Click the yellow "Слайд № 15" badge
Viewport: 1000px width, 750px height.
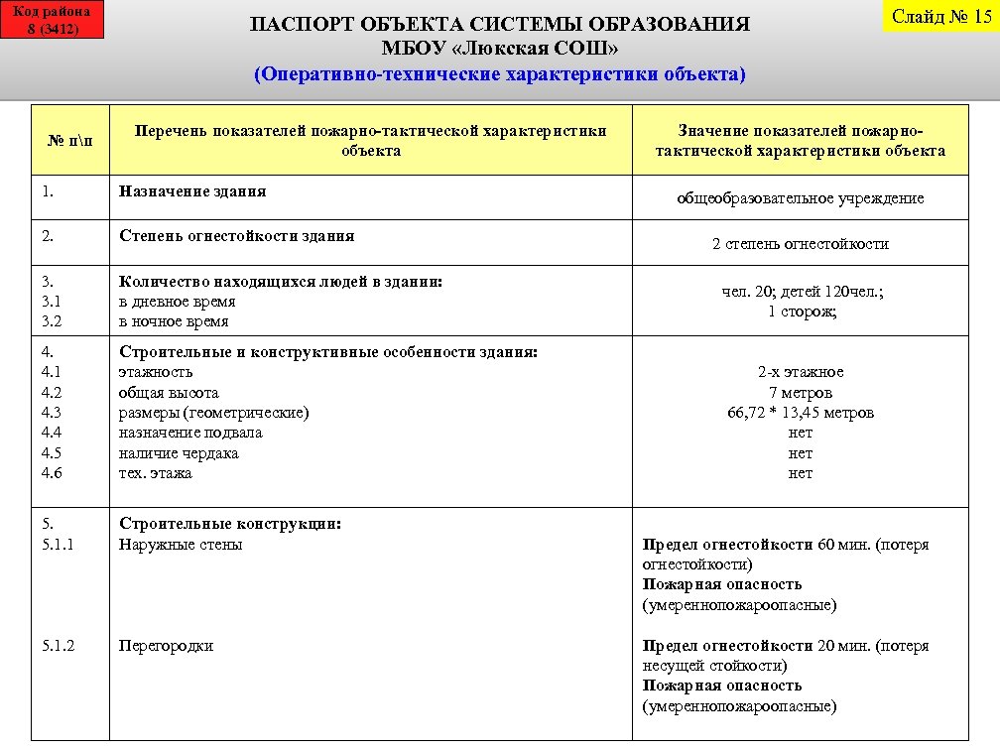(x=941, y=16)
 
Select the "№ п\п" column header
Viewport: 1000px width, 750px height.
(x=72, y=141)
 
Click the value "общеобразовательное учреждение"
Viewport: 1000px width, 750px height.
(x=800, y=198)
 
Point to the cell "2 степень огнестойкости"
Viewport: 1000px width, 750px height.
(x=800, y=244)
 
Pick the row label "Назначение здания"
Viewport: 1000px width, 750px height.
(x=192, y=190)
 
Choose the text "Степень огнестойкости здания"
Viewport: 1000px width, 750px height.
(x=236, y=236)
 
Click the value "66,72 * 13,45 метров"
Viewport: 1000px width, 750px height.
(x=800, y=413)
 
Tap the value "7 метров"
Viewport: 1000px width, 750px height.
(x=800, y=393)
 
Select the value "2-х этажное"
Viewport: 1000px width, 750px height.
(x=800, y=372)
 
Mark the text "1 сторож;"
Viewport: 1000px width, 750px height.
(x=802, y=312)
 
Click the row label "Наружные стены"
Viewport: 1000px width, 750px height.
(x=181, y=545)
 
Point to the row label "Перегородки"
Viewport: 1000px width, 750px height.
(x=166, y=646)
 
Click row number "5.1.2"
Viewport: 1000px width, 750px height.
(x=60, y=646)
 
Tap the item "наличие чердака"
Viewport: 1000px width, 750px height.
(x=179, y=453)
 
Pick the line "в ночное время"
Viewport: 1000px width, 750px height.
(x=174, y=321)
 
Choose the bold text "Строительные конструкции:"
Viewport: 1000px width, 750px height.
(x=230, y=524)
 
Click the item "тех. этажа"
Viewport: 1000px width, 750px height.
(x=156, y=473)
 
